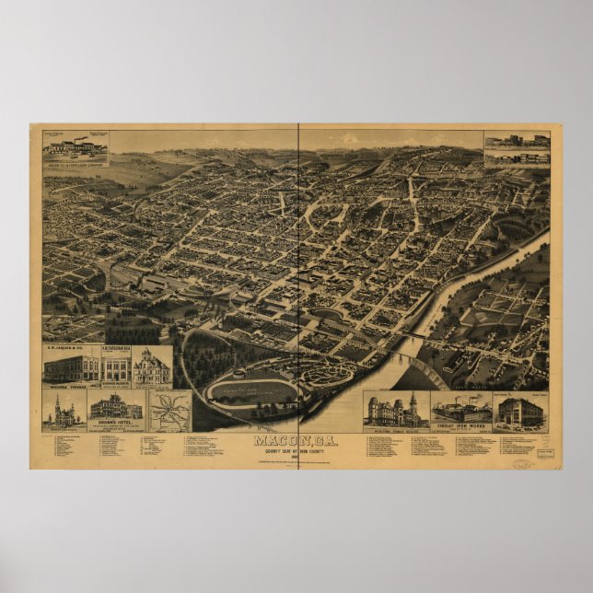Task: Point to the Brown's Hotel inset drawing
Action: (x=116, y=407)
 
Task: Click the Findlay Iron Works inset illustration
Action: (x=460, y=409)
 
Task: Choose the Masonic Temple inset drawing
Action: (x=396, y=411)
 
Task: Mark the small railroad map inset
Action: (x=170, y=410)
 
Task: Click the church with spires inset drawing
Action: (x=64, y=409)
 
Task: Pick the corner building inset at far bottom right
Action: (x=519, y=411)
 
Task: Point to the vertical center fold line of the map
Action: (x=298, y=276)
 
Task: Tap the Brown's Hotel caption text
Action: (x=116, y=423)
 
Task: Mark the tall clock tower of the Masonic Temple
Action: (x=413, y=401)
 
